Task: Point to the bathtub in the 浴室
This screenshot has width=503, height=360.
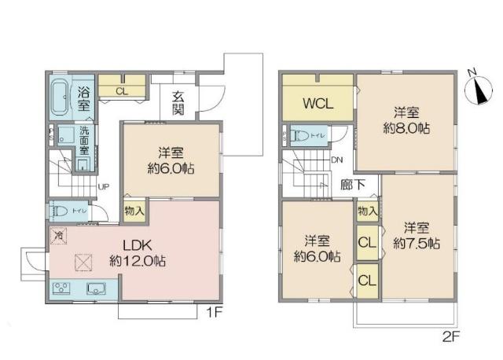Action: (x=61, y=100)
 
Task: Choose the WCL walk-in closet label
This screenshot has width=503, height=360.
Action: (x=318, y=104)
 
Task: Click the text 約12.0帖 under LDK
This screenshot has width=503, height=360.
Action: (x=138, y=260)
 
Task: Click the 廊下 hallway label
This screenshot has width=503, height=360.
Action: (x=352, y=186)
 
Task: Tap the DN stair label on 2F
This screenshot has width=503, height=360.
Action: (x=336, y=160)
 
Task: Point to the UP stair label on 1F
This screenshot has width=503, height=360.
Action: (x=103, y=186)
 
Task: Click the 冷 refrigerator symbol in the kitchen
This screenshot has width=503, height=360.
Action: (x=58, y=234)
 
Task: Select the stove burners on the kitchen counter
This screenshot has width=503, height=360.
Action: (x=61, y=288)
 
